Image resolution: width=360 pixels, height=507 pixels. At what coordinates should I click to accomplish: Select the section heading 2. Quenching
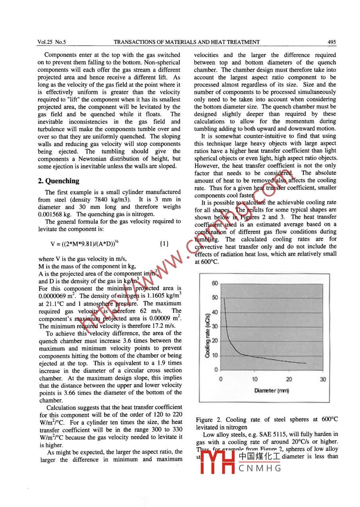[59, 181]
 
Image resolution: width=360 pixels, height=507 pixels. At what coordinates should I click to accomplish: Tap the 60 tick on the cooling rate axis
[215, 283]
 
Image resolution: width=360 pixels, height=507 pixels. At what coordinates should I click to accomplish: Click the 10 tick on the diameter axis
[254, 379]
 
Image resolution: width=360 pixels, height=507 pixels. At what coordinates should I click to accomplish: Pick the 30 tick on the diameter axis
[323, 379]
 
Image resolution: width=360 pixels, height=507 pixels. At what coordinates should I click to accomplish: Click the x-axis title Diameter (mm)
[272, 391]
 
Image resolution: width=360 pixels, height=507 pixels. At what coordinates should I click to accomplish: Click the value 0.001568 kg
[54, 214]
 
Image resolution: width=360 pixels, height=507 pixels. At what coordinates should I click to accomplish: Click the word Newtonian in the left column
[86, 159]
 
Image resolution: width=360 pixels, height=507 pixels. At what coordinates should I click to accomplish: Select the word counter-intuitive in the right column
[253, 136]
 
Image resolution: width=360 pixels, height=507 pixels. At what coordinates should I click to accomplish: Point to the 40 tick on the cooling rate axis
[215, 312]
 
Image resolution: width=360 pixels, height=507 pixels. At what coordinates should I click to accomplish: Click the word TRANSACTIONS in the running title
[134, 42]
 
